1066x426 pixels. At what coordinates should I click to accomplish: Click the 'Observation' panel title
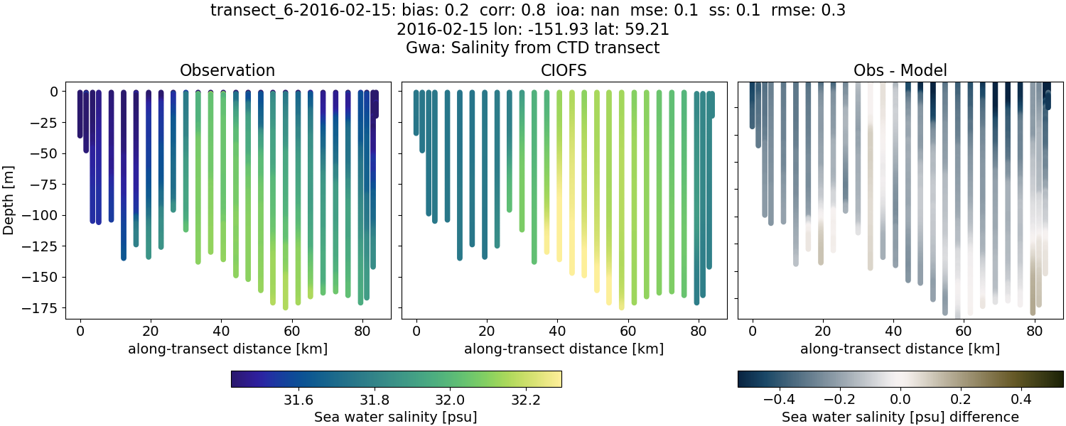coord(227,70)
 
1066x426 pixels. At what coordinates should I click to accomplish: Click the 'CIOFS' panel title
coord(564,70)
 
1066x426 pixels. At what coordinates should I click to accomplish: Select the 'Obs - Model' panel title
coord(900,70)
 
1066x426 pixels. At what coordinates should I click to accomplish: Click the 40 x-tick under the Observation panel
coord(221,331)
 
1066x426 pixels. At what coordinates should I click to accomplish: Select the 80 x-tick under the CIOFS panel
coord(698,331)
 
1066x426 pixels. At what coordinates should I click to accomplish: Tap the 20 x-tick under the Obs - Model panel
coord(822,331)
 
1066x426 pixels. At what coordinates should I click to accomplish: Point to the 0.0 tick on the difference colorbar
coord(900,399)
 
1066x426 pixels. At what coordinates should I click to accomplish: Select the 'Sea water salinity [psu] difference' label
coord(900,417)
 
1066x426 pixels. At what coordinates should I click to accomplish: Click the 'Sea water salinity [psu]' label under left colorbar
coord(395,417)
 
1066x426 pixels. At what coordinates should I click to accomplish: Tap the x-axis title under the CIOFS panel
coord(564,349)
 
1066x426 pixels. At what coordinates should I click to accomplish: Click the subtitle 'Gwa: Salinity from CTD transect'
coord(533,48)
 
